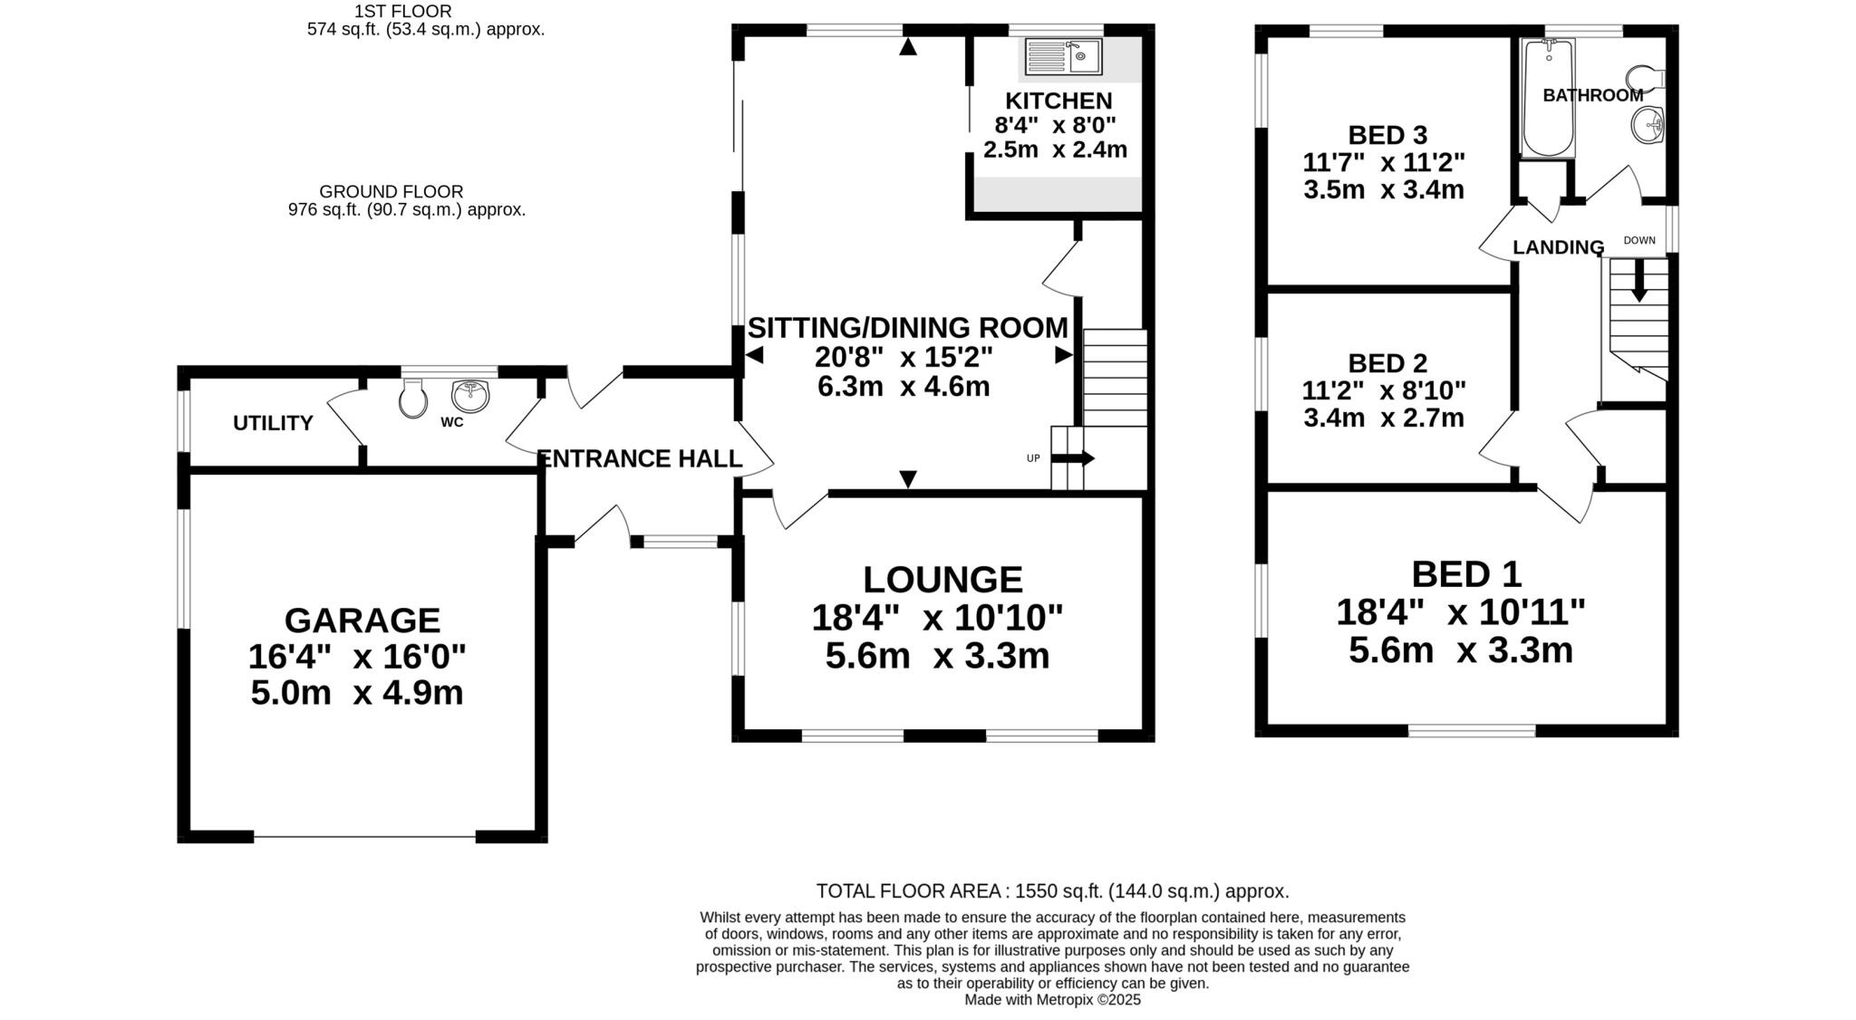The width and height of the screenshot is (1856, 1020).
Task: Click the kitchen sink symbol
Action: coord(1063,56)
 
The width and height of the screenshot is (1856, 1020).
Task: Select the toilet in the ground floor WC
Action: coord(413,398)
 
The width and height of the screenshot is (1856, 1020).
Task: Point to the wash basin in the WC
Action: coord(469,395)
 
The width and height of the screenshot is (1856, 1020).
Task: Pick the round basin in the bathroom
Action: coord(1648,124)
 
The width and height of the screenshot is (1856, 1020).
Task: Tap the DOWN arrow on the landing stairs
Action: coord(1638,282)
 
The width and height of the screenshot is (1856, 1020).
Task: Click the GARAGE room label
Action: coord(362,621)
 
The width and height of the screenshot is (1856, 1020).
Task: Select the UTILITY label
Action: coord(273,423)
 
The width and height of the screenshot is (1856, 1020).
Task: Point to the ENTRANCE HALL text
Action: coord(641,459)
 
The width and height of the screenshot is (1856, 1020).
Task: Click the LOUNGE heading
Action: coord(942,580)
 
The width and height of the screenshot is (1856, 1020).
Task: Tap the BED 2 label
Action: coord(1387,363)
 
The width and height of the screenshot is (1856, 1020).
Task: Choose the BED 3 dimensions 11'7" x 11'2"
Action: coord(1384,163)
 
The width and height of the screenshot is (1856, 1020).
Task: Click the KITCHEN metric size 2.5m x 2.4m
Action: coord(1055,149)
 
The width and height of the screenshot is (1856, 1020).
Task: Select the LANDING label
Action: coord(1558,247)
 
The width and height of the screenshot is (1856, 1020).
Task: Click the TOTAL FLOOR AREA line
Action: coord(1052,890)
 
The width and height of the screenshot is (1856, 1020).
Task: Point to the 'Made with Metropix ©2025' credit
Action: coord(1052,1000)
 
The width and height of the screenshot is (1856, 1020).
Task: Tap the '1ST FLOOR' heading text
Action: coord(402,11)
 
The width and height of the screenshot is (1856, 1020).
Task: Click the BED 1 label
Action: coord(1466,574)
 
